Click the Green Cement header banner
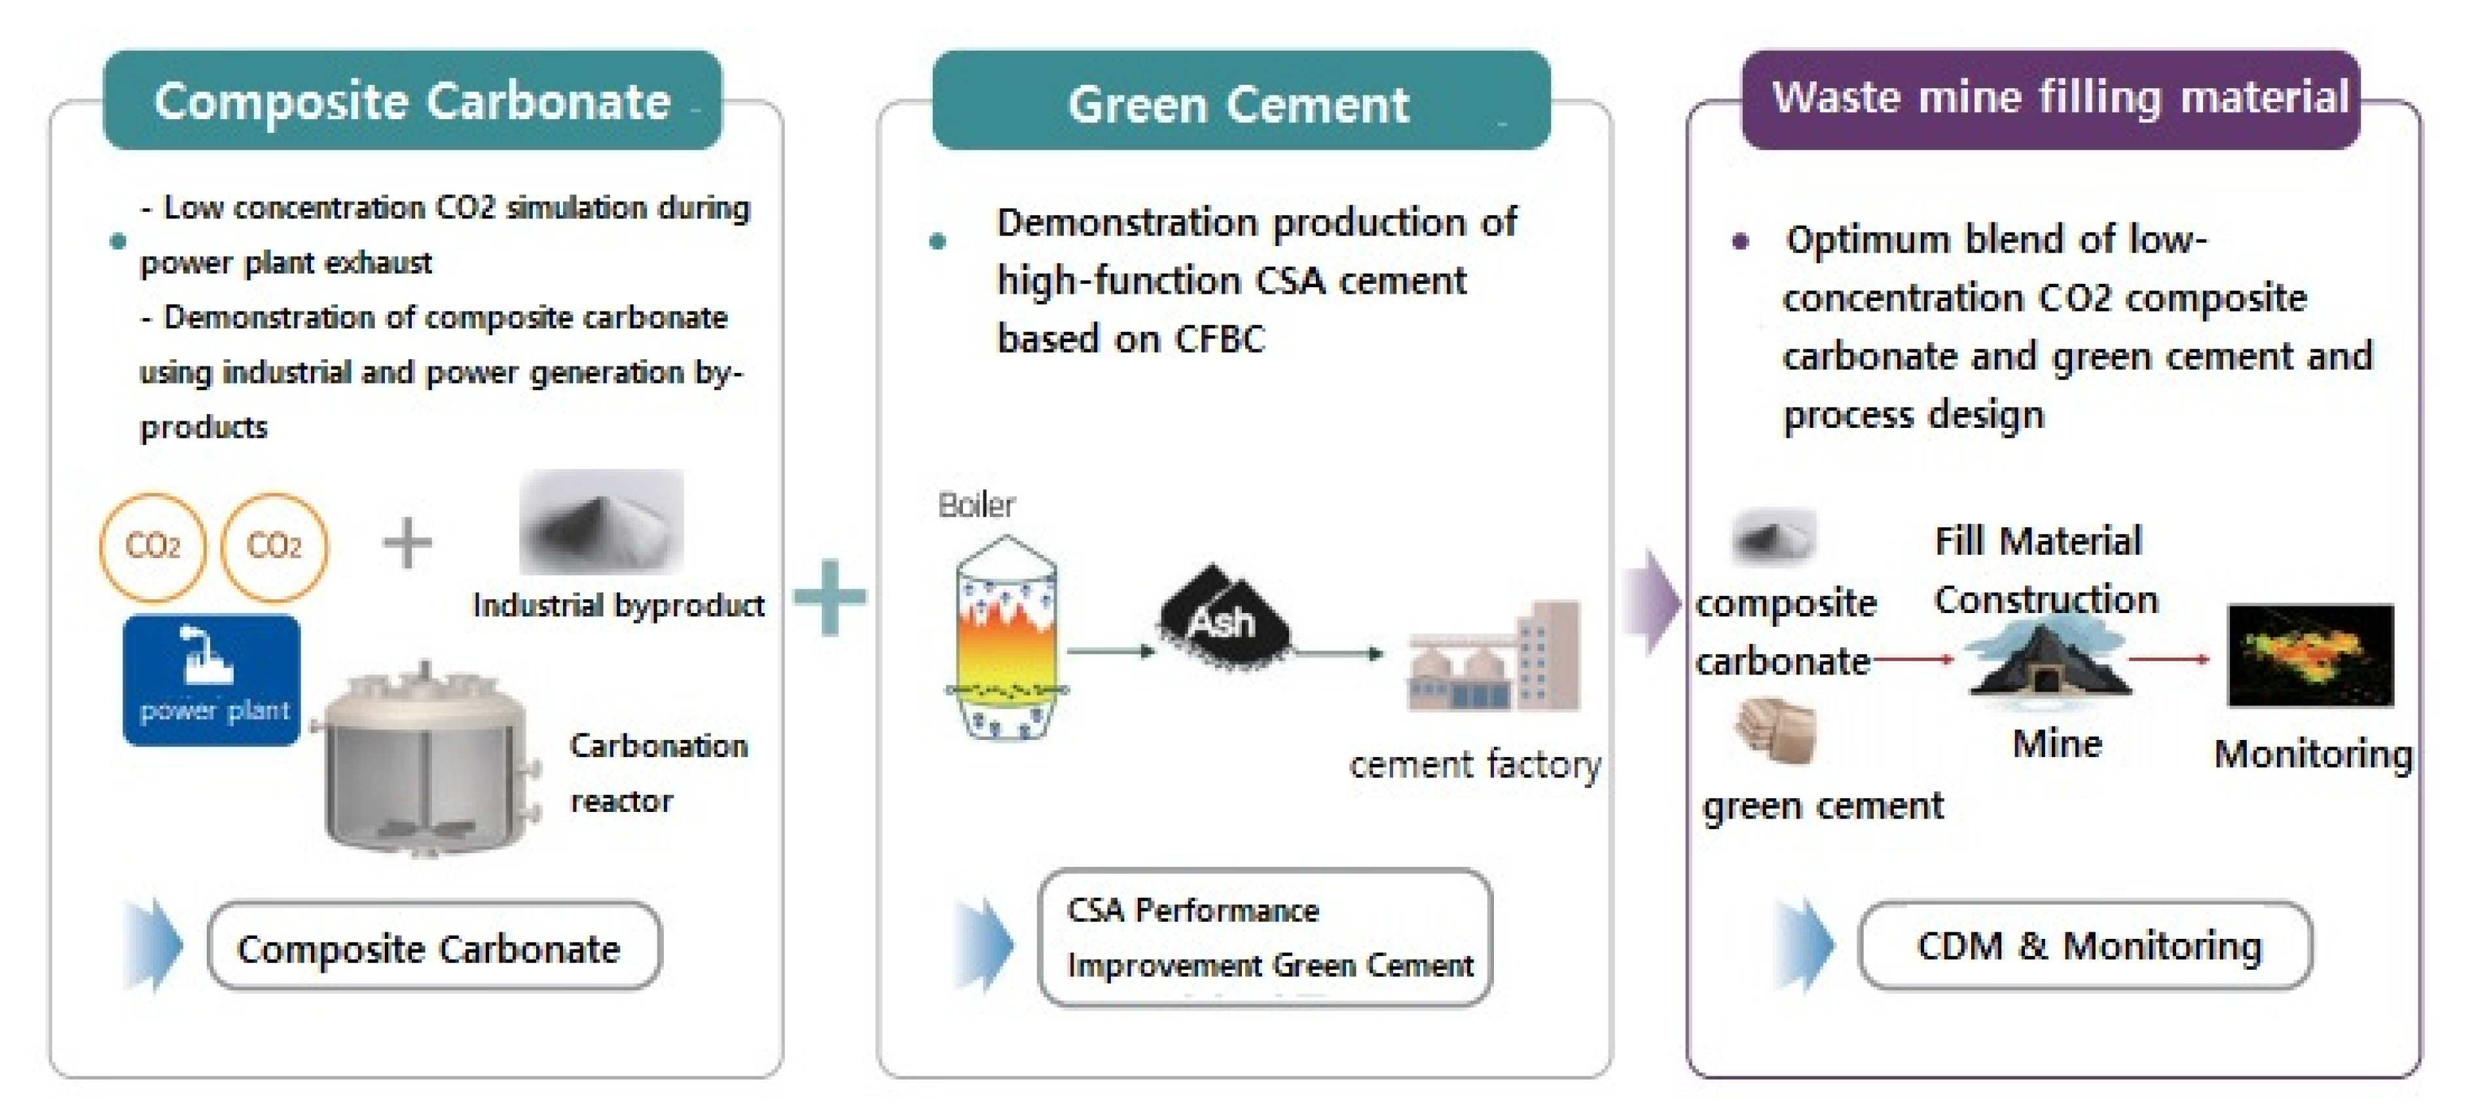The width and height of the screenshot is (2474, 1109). click(1240, 101)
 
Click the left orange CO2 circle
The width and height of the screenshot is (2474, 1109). click(152, 546)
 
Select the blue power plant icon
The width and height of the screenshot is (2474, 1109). click(211, 680)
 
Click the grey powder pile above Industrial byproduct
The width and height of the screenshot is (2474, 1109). click(601, 521)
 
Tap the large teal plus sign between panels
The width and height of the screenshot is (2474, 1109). click(829, 597)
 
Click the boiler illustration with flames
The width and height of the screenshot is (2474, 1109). click(1006, 639)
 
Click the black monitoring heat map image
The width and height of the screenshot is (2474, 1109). click(2309, 656)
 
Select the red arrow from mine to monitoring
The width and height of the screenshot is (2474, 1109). click(2168, 659)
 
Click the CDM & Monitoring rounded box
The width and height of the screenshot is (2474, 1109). click(2086, 946)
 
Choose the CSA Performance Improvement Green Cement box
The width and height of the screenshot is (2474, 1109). click(1264, 937)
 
